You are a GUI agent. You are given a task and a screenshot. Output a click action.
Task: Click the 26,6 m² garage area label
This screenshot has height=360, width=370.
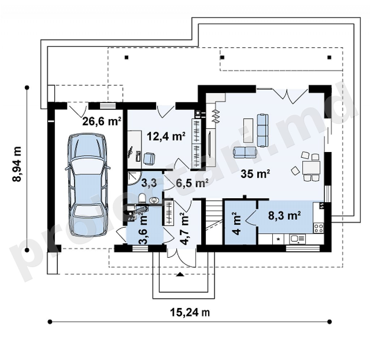[x=102, y=121]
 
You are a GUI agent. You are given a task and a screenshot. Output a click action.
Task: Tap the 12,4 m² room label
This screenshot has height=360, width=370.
[x=166, y=136]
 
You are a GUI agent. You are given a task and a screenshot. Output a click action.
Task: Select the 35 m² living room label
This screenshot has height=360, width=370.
[x=255, y=174]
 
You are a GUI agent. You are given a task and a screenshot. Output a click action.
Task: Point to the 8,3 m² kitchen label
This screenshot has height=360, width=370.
[x=285, y=216]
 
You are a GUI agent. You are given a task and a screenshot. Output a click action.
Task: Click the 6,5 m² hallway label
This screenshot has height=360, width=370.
[x=192, y=183]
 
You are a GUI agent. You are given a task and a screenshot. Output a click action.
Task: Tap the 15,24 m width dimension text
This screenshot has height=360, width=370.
[x=190, y=313]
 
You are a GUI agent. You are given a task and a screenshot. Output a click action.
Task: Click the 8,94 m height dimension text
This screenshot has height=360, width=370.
[x=17, y=164]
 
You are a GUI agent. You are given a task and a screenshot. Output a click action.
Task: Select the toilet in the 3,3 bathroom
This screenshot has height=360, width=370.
[x=142, y=198]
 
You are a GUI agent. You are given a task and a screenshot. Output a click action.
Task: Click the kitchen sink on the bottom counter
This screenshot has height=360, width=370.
[x=298, y=239]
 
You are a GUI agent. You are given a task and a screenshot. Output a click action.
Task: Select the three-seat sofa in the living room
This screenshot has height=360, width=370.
[x=262, y=130]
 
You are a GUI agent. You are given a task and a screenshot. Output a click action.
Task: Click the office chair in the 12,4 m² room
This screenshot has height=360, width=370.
[x=149, y=158]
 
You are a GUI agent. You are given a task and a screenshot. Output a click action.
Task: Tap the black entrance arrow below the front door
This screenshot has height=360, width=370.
[x=180, y=274]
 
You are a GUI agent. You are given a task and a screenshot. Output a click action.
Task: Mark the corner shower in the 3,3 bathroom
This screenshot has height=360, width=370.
[x=134, y=178]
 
